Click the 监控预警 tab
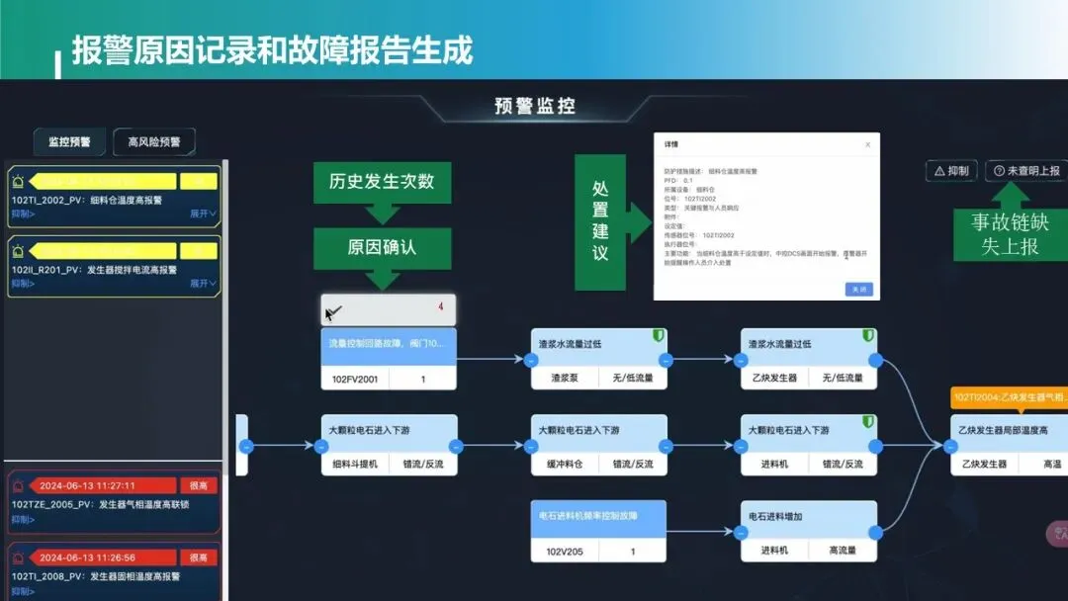pyautogui.click(x=69, y=142)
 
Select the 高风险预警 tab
pyautogui.click(x=154, y=142)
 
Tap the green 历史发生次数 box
pyautogui.click(x=382, y=182)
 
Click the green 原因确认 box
pyautogui.click(x=382, y=247)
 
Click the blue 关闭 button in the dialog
pyautogui.click(x=859, y=290)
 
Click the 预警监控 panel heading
pyautogui.click(x=535, y=107)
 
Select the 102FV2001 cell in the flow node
pyautogui.click(x=355, y=379)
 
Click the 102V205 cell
pyautogui.click(x=564, y=551)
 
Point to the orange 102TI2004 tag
pyautogui.click(x=1009, y=397)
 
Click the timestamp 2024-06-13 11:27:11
pyautogui.click(x=88, y=485)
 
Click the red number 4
pyautogui.click(x=440, y=307)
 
